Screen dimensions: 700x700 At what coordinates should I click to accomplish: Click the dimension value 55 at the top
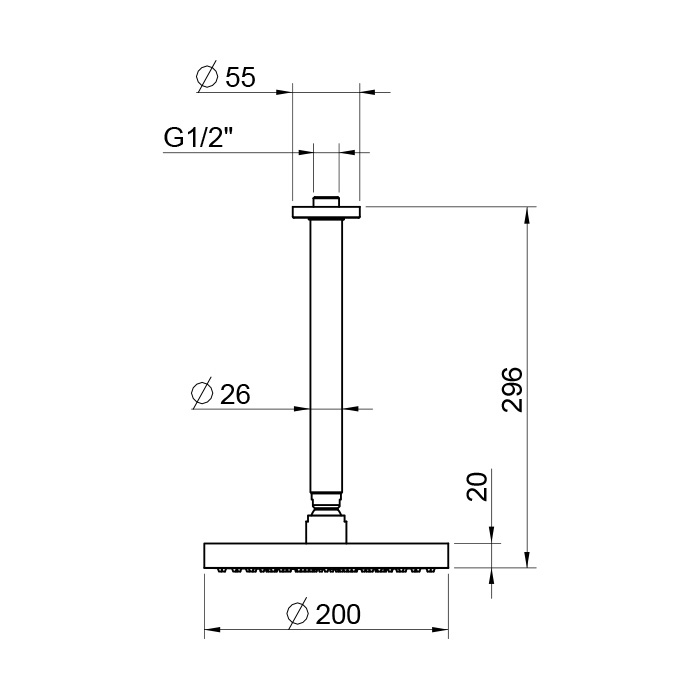[x=240, y=78]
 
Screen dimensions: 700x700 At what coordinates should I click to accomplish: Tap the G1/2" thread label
[x=199, y=139]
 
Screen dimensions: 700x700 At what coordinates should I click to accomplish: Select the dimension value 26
[x=234, y=394]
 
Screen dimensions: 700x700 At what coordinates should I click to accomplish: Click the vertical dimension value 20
[x=477, y=487]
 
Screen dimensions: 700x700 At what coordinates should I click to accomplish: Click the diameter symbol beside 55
[x=207, y=78]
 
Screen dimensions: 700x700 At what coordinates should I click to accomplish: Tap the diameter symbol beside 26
[x=201, y=394]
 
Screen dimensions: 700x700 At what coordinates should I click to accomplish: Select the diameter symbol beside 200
[x=296, y=614]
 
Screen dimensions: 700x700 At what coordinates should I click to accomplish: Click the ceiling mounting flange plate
[x=325, y=212]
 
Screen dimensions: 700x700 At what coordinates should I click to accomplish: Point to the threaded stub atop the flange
[x=325, y=201]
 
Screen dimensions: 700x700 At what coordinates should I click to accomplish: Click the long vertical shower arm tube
[x=325, y=350]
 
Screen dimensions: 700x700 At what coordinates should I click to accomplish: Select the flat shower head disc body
[x=325, y=555]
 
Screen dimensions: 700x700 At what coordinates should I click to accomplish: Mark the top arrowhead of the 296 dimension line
[x=528, y=213]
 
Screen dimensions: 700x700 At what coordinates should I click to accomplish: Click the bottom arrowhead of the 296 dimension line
[x=528, y=561]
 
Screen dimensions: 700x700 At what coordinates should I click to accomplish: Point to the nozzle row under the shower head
[x=325, y=571]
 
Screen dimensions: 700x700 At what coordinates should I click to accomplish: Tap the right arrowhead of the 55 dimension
[x=366, y=92]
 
